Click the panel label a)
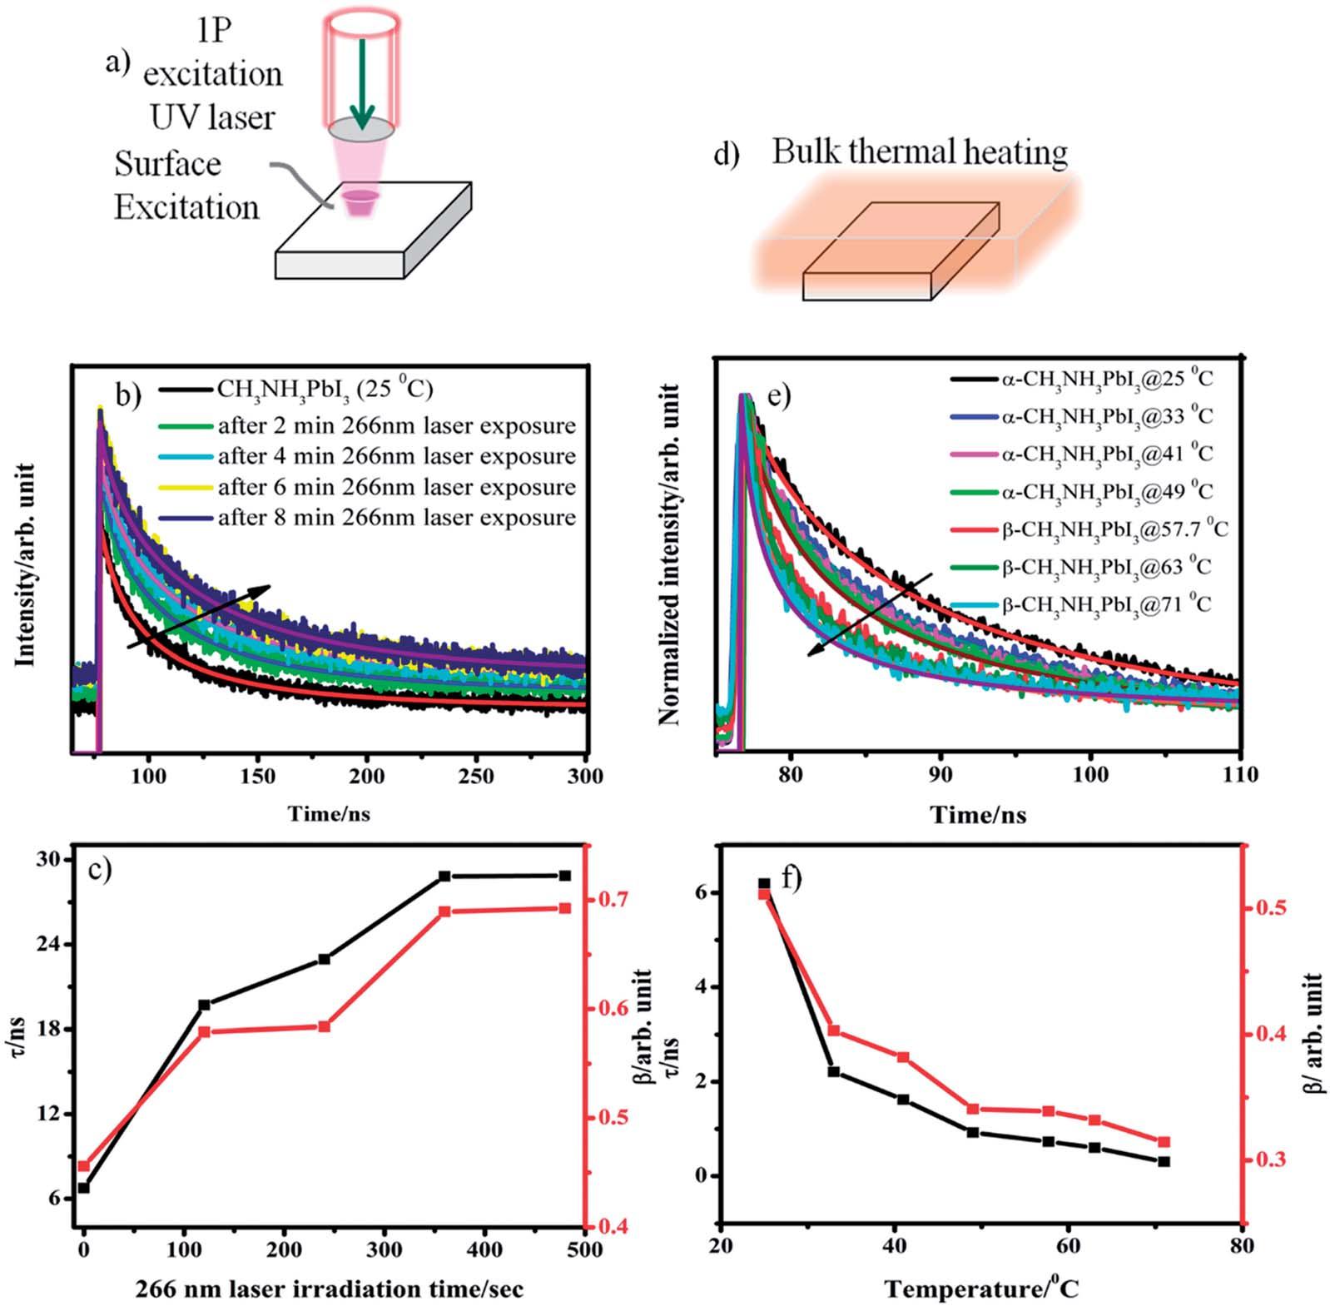coord(117,62)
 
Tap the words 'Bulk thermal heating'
coord(919,152)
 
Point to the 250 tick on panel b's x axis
coord(476,777)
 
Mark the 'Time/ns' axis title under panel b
coord(330,814)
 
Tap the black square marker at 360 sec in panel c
coord(444,876)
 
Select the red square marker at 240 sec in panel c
coord(325,1026)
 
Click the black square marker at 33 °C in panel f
coord(834,1071)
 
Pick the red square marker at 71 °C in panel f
coord(1164,1142)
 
